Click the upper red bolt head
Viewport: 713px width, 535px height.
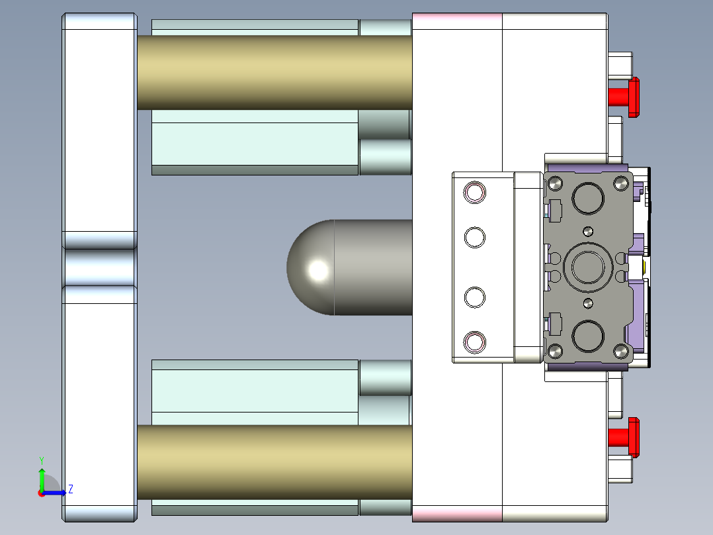click(x=633, y=97)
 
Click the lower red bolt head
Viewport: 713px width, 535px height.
click(x=633, y=437)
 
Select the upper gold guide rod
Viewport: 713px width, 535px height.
click(x=274, y=72)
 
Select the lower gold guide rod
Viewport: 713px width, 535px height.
click(x=274, y=462)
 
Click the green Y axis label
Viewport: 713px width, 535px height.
click(x=41, y=460)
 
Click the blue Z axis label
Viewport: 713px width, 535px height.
click(x=70, y=489)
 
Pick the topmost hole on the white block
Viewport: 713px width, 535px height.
click(x=475, y=193)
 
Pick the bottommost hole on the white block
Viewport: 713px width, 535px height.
click(x=475, y=342)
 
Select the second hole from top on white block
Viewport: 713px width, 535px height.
click(x=475, y=236)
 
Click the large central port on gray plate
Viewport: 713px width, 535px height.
click(x=588, y=267)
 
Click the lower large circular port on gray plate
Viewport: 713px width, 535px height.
click(x=588, y=336)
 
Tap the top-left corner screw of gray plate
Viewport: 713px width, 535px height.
click(x=555, y=183)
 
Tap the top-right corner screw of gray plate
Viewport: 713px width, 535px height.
click(x=621, y=183)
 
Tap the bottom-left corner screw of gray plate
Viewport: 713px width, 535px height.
click(x=555, y=350)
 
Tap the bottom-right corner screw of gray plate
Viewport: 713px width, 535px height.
click(x=621, y=350)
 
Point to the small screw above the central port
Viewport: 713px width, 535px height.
click(x=588, y=231)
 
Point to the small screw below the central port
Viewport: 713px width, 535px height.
click(x=588, y=303)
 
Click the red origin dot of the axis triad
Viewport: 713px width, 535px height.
click(x=41, y=493)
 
